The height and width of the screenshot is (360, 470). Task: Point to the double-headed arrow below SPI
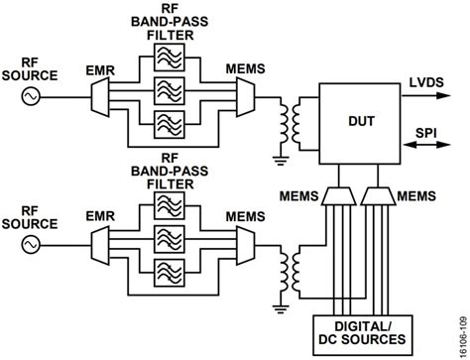pyautogui.click(x=430, y=147)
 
